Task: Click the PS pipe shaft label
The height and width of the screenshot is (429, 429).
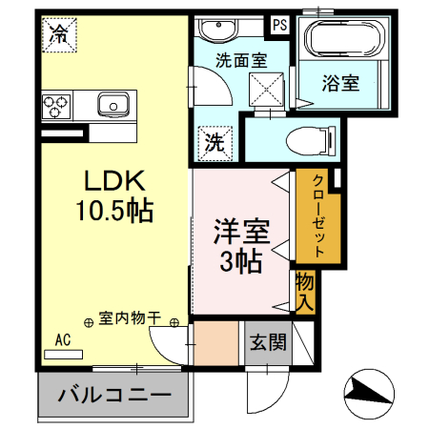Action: point(280,25)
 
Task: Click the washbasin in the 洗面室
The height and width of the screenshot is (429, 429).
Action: point(218,30)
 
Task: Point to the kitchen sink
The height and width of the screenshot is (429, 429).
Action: point(113,105)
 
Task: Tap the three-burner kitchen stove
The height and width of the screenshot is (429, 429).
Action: point(56,107)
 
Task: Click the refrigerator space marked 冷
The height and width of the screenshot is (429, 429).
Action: point(59,34)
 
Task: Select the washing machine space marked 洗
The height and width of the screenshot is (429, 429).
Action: point(214,143)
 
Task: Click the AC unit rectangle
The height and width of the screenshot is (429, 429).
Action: point(63,355)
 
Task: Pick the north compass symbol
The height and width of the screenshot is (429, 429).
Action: point(369,394)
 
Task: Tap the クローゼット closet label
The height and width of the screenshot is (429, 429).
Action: point(318,215)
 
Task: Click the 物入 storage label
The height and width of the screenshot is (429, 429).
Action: point(305,292)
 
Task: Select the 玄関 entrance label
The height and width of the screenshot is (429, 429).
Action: point(268,342)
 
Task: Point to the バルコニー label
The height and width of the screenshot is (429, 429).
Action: point(114,395)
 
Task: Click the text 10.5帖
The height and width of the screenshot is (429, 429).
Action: point(114,210)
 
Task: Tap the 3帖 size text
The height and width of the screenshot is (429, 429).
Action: point(241,261)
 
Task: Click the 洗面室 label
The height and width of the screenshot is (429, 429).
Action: point(241,60)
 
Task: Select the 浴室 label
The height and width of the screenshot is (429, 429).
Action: point(340,83)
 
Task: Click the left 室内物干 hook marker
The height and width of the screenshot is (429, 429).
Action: point(89,323)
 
